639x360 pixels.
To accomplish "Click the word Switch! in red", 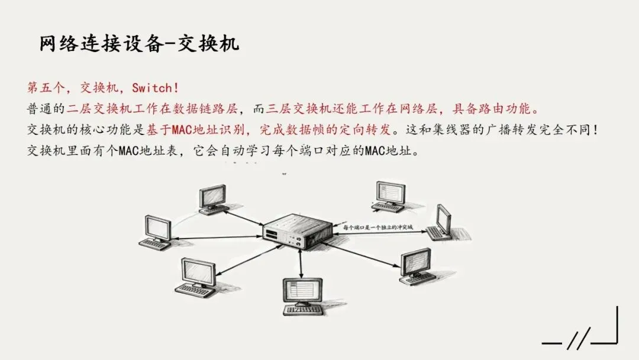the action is coord(155,88).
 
